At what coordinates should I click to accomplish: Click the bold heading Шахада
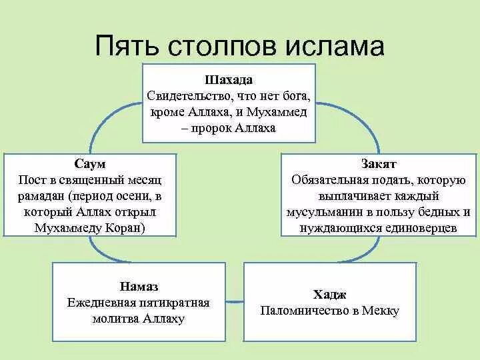228,79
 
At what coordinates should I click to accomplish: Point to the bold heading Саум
90,164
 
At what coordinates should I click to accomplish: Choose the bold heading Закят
379,164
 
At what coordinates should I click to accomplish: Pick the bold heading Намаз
139,287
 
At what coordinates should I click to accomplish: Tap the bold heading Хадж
329,294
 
